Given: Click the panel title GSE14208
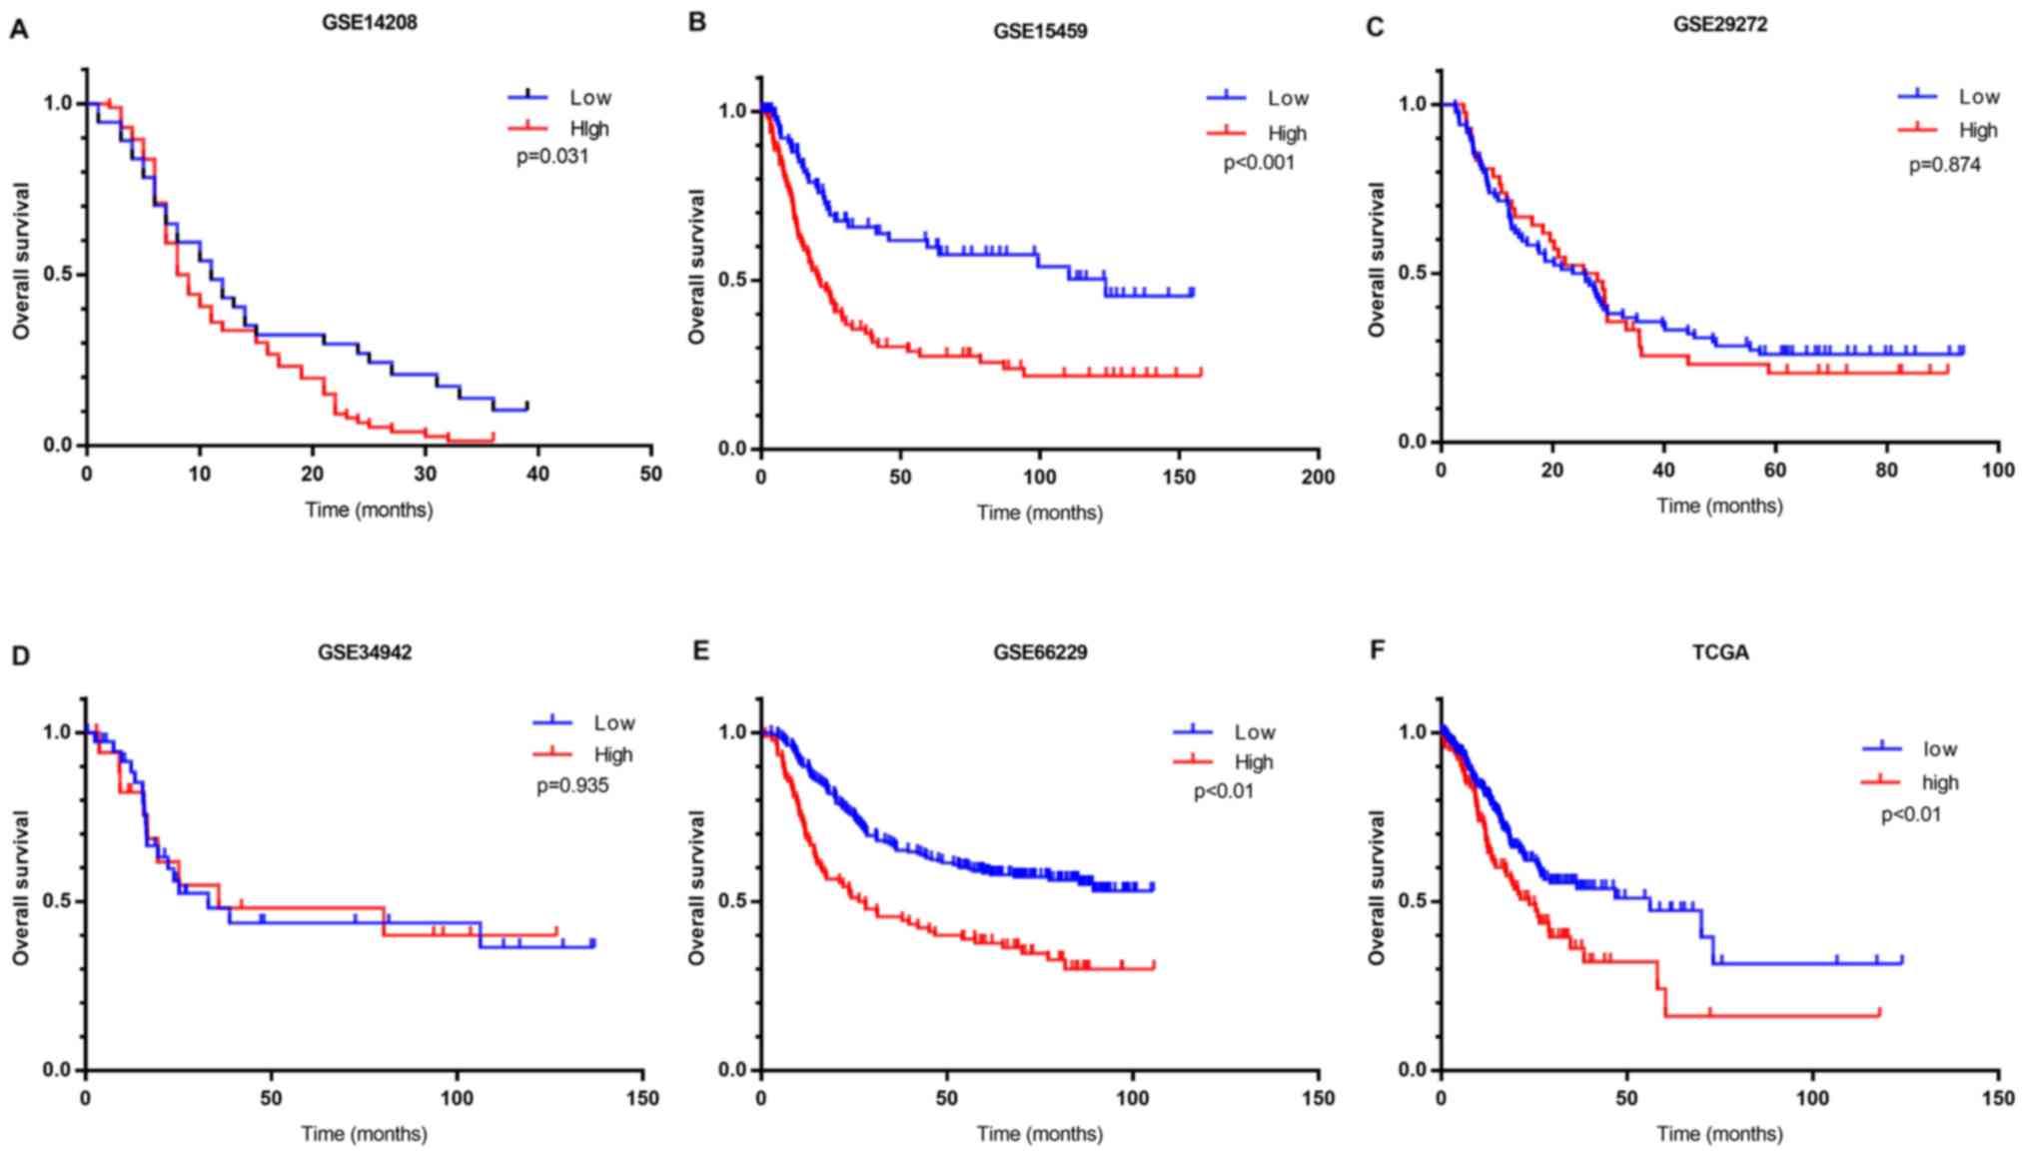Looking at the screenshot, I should pos(369,22).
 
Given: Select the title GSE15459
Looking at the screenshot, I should pos(1040,31).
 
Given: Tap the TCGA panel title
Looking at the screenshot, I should pos(1720,652).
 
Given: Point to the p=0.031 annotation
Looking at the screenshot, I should pos(552,157).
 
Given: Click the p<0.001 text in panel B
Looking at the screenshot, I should pos(1259,163).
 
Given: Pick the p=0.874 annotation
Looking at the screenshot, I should pos(1944,164).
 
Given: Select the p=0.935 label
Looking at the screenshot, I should pos(572,785).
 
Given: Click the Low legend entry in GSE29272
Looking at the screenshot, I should pos(1978,97).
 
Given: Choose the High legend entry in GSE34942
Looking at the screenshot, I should pos(612,754).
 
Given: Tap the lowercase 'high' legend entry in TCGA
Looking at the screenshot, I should pos(1939,782).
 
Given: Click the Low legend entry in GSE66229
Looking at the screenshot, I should pos(1254,732).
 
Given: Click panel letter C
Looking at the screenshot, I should pos(1375,27).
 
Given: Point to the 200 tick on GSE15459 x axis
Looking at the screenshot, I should pos(1318,478).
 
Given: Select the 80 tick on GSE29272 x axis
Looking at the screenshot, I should pos(1886,471).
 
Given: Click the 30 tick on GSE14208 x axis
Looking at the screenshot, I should pos(426,473).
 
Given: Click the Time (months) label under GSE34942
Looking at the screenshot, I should pos(365,1134).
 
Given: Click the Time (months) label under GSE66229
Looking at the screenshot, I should pos(1040,1134).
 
